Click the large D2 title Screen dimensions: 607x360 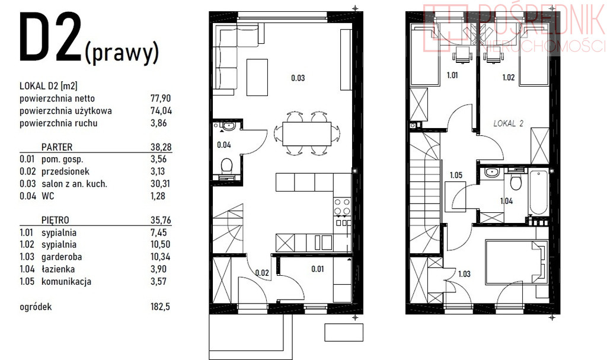pos(50,37)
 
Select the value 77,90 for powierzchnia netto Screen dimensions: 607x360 pos(161,98)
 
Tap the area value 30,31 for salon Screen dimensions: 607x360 pos(161,184)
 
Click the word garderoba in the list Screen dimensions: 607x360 pos(62,257)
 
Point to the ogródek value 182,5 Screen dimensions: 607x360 pos(160,307)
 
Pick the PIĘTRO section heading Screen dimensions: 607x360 pos(55,220)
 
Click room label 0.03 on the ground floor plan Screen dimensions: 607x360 pos(298,78)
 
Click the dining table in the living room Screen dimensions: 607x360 pos(307,133)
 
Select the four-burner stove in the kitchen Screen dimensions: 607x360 pos(342,206)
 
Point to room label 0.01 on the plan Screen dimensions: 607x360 pos(318,269)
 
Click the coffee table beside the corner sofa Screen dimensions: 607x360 pos(257,77)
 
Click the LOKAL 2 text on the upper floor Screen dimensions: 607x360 pos(508,123)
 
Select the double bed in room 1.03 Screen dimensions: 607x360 pos(517,262)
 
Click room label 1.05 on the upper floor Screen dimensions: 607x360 pos(456,175)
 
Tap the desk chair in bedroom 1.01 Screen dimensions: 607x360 pos(463,54)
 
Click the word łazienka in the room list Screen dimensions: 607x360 pos(58,269)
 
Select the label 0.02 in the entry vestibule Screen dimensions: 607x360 pos(262,273)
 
